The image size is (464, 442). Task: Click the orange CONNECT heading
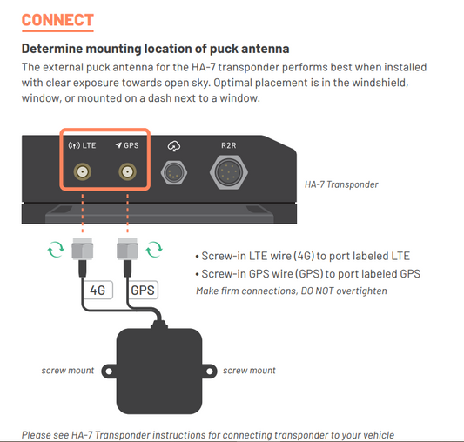[57, 20]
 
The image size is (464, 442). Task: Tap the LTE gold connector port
[82, 172]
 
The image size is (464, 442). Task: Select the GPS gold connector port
[128, 172]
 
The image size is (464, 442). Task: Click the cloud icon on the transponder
[174, 146]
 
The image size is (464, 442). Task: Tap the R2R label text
[229, 145]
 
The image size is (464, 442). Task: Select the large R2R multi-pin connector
[229, 172]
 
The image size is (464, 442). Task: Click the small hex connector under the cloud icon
[174, 172]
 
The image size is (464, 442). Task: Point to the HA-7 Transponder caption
[341, 184]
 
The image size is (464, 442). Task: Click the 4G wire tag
[98, 290]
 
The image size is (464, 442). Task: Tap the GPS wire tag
[143, 290]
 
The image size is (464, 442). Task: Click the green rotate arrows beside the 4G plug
[56, 250]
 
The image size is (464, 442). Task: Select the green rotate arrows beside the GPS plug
[154, 250]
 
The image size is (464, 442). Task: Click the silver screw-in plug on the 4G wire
[83, 249]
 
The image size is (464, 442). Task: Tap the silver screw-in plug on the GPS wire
[128, 249]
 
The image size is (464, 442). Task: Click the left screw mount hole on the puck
[109, 372]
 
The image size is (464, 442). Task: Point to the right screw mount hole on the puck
[210, 372]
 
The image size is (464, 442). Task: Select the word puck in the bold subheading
[224, 49]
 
